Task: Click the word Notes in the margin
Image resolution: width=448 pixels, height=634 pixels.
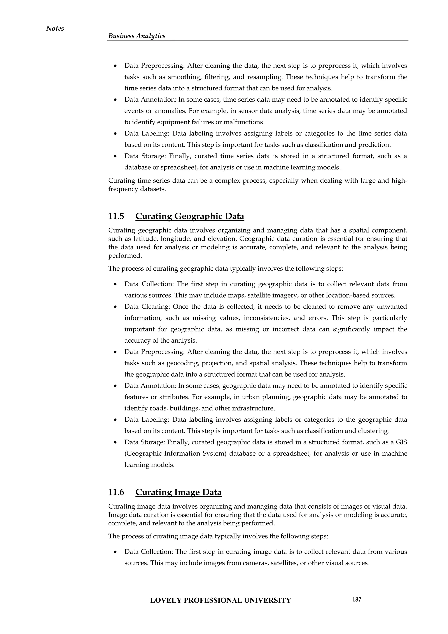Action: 55,28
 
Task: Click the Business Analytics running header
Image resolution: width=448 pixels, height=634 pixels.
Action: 137,36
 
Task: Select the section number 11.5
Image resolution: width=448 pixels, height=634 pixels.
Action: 116,216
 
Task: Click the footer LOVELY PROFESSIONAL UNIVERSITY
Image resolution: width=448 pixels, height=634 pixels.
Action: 220,600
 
